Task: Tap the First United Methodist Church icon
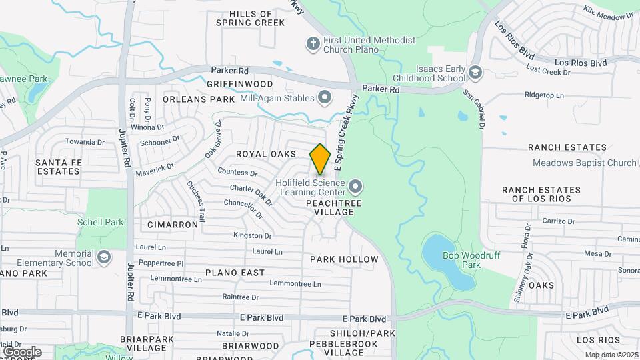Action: tap(312, 45)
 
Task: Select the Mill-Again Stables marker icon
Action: tap(325, 99)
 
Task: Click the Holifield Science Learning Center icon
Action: tap(355, 185)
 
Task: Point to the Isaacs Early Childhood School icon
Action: tap(475, 72)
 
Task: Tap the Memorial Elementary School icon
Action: tap(104, 258)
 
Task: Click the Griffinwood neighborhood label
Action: tap(240, 84)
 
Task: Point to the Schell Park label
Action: tap(101, 222)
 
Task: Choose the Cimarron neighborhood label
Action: tap(173, 225)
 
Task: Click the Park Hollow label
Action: tap(344, 259)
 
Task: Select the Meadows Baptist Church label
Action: tap(585, 163)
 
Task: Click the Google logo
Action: tap(22, 351)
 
